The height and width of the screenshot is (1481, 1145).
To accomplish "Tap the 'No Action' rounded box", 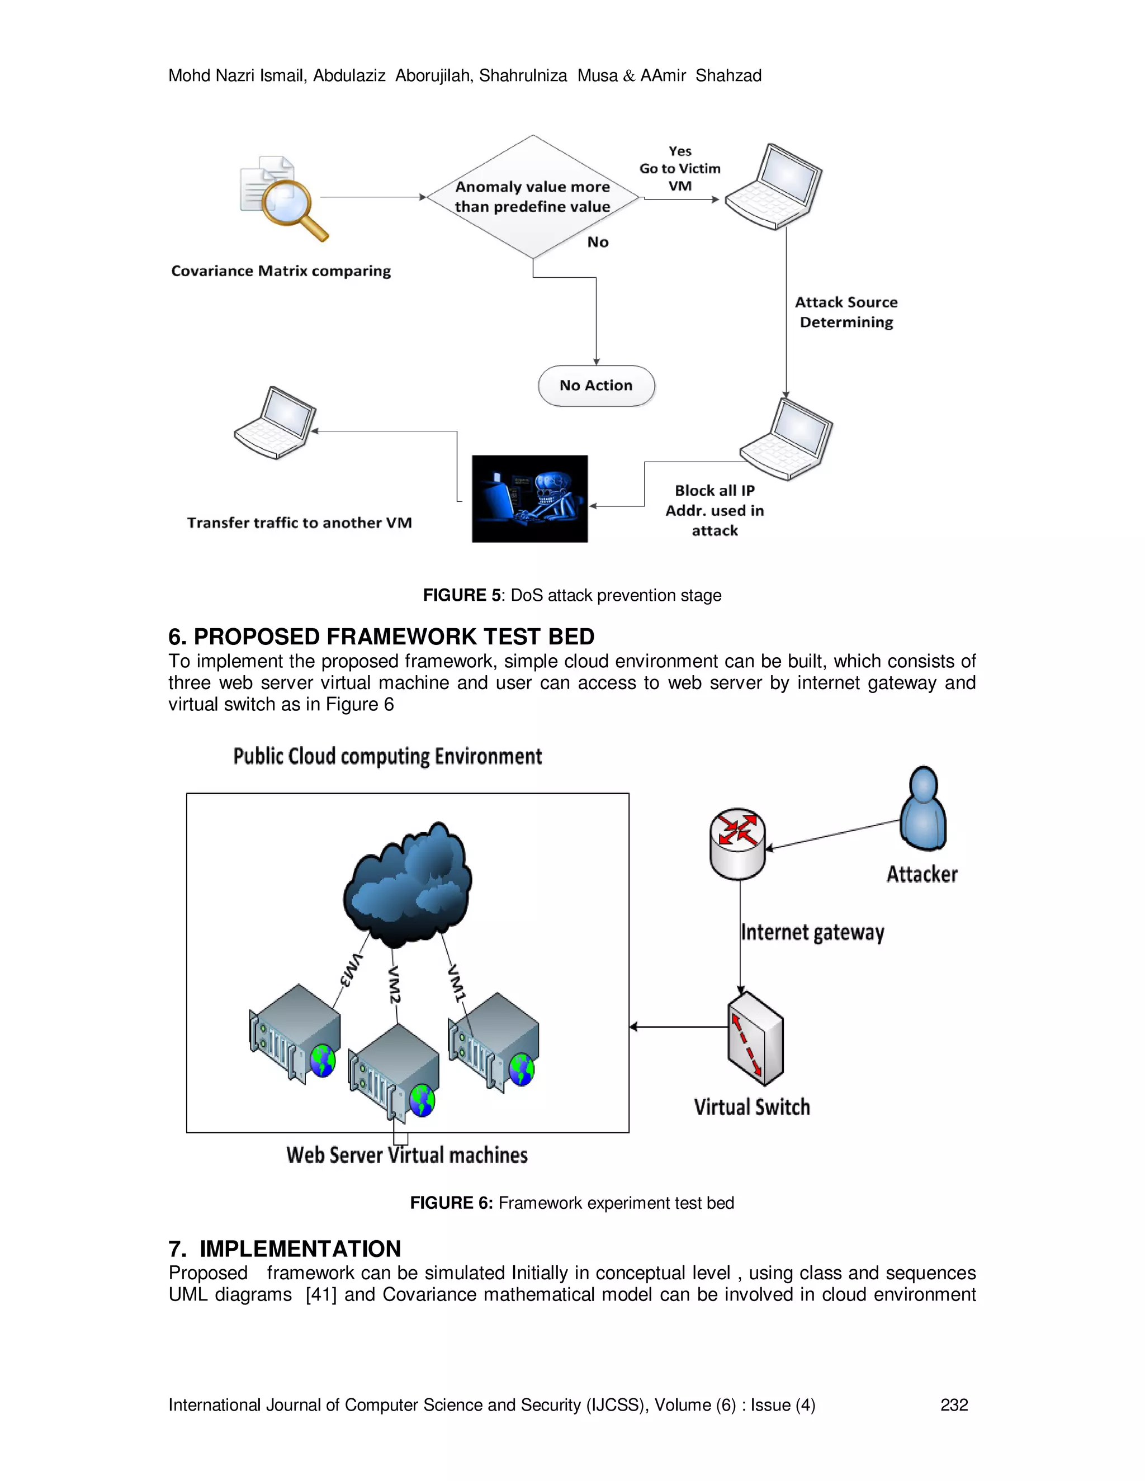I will tap(596, 386).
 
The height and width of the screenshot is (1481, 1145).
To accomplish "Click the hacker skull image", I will tap(530, 499).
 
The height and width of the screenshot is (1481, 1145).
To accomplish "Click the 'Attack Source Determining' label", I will tap(846, 312).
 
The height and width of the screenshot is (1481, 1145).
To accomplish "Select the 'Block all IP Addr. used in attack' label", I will tap(715, 511).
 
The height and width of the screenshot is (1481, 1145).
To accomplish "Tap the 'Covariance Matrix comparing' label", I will tap(281, 271).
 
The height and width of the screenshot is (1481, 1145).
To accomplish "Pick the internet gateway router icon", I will tap(737, 843).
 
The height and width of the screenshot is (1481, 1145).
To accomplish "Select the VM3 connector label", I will tap(351, 970).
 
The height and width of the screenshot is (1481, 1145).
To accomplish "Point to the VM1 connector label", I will tap(457, 982).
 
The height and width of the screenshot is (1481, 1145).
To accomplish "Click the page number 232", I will tap(954, 1404).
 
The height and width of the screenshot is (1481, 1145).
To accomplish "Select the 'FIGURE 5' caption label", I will tap(462, 595).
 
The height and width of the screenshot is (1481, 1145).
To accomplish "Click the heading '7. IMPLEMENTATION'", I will tap(285, 1249).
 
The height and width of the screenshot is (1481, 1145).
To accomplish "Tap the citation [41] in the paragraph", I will tap(321, 1294).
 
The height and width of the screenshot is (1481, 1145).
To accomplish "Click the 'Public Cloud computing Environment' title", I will tap(387, 756).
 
